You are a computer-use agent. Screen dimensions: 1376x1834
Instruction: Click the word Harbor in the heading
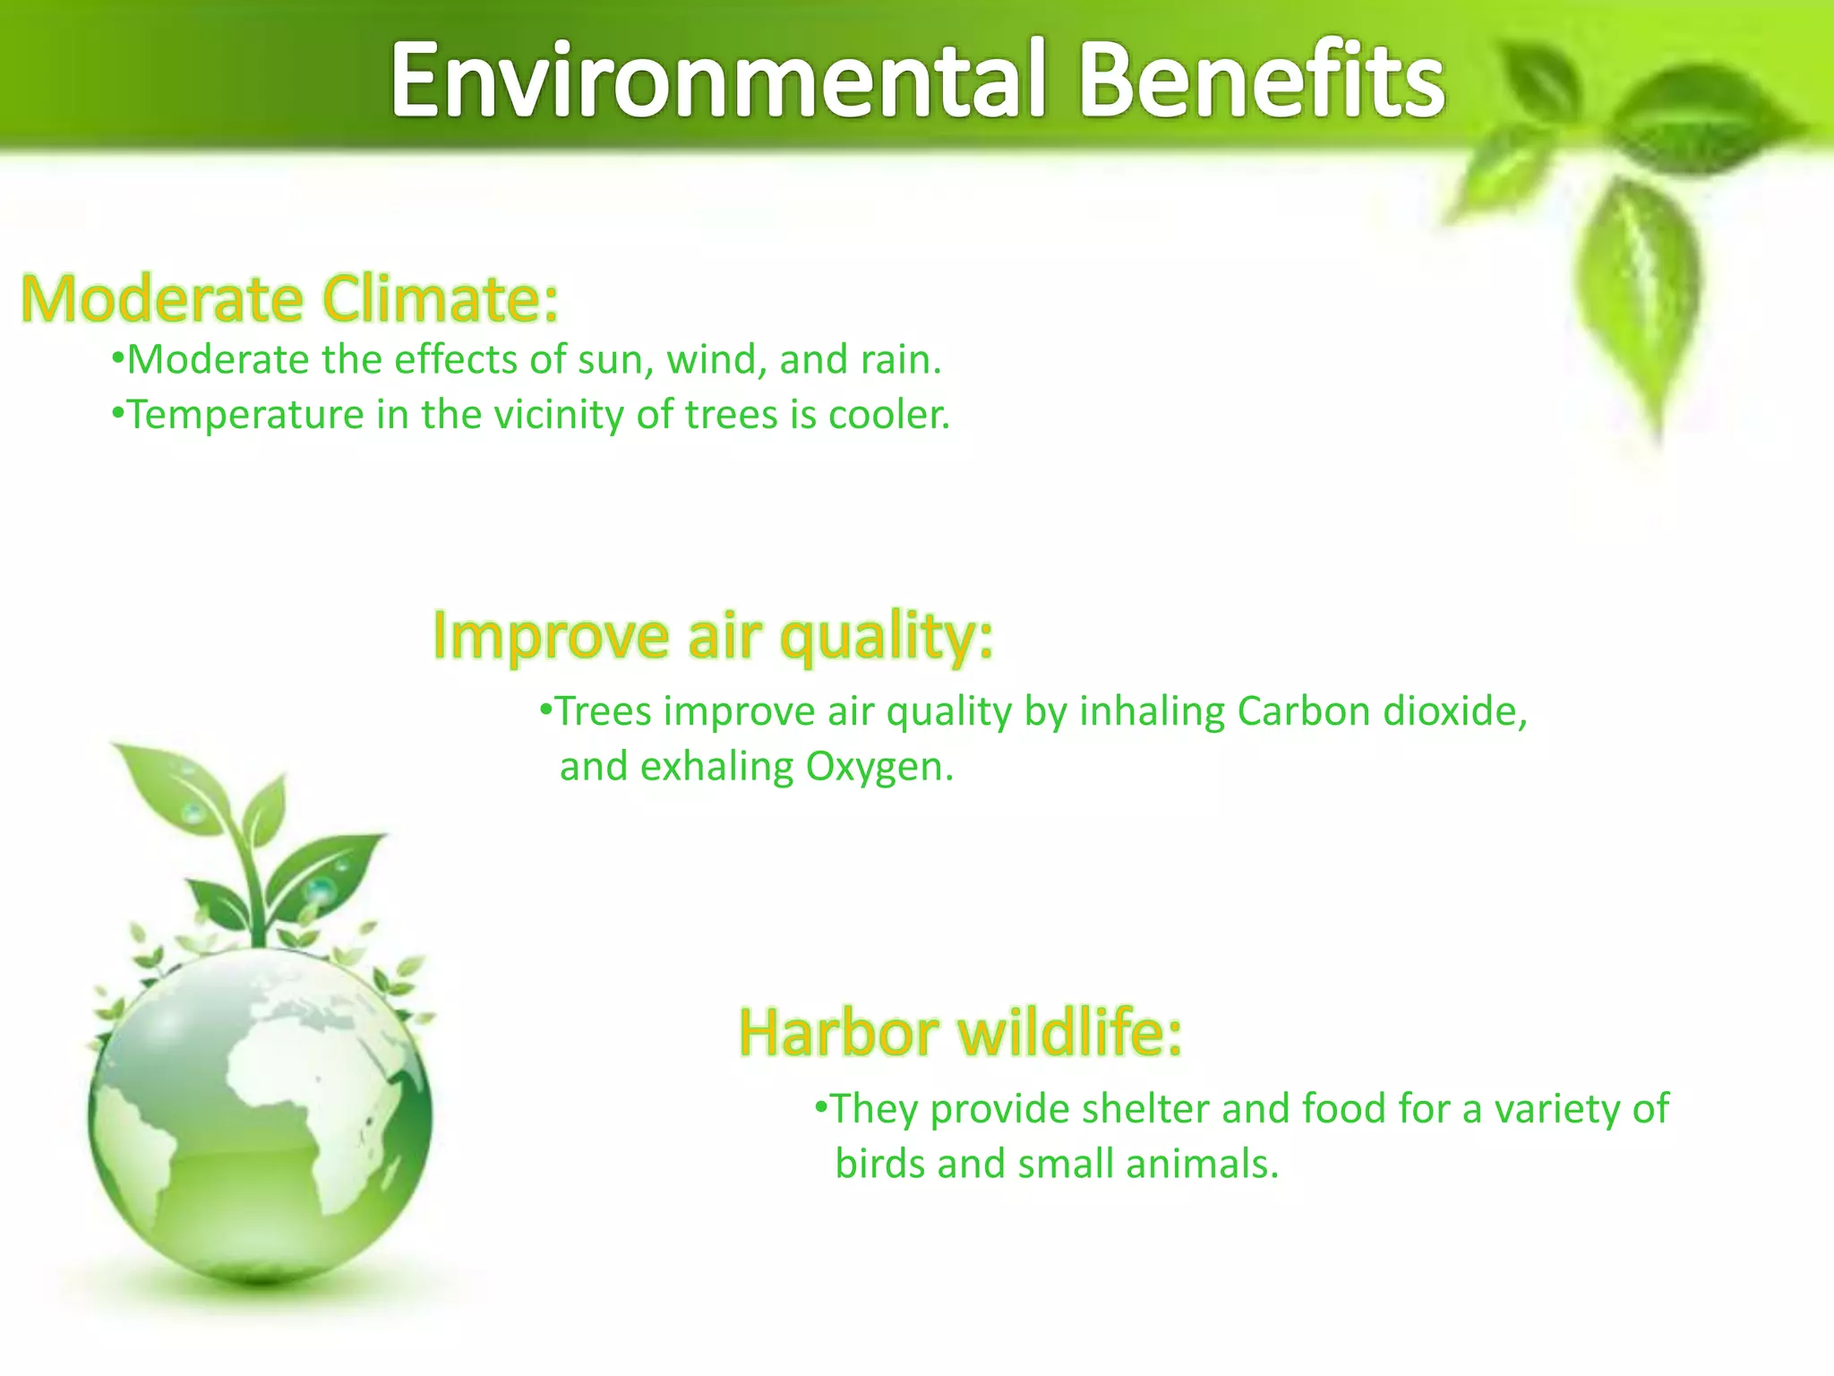click(838, 1033)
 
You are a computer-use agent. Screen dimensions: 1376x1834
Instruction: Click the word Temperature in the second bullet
click(245, 416)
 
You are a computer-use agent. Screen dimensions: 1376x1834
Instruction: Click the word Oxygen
click(879, 768)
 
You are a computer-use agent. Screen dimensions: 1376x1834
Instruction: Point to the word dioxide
click(1454, 712)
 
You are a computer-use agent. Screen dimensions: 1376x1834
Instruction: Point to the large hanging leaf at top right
click(1639, 296)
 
